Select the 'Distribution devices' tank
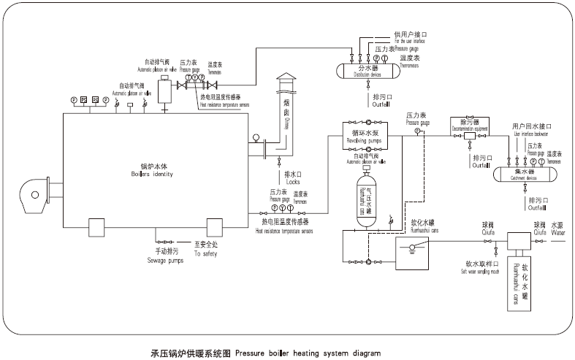[x=367, y=70]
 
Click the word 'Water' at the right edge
[x=559, y=233]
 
